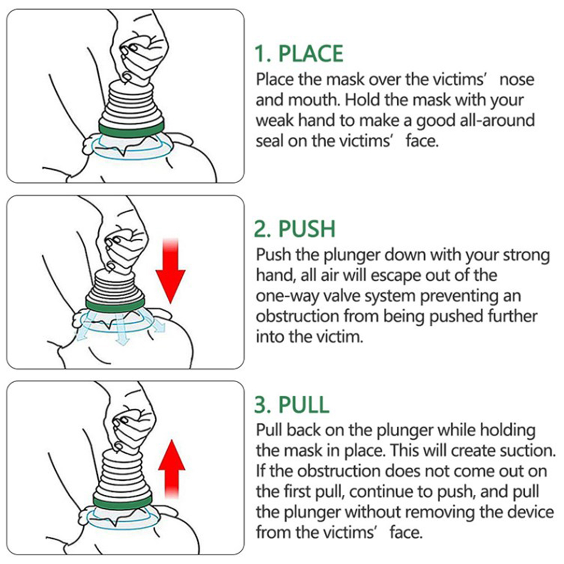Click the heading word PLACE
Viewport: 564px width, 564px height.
tap(311, 54)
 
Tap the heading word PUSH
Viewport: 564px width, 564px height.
tap(307, 229)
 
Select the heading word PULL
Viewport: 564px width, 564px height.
tap(305, 405)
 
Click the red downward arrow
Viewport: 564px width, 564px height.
tap(171, 271)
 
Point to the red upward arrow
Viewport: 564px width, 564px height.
tap(172, 469)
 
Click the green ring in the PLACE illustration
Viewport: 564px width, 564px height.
tap(131, 128)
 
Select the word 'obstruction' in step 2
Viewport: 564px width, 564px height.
tap(297, 316)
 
